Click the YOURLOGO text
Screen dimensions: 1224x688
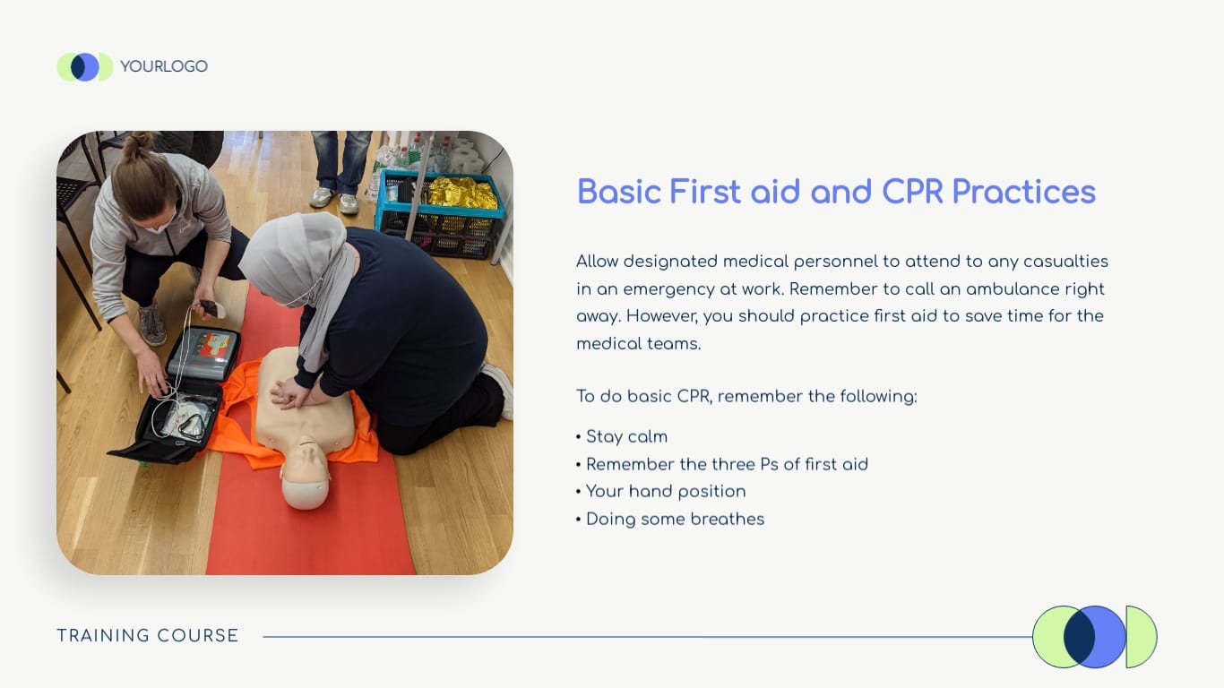[164, 66]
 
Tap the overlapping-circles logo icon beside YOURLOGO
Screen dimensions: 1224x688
[85, 67]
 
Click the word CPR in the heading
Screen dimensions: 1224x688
[912, 192]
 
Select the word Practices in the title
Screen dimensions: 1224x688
[1024, 192]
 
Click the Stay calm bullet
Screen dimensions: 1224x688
[622, 436]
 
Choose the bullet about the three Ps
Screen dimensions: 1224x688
[722, 465]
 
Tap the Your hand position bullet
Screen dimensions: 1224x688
[660, 492]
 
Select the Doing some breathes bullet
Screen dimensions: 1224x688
[670, 520]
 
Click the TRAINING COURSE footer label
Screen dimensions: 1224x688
[148, 635]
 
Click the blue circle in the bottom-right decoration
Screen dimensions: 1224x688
[1094, 637]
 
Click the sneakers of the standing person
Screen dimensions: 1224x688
[334, 200]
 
